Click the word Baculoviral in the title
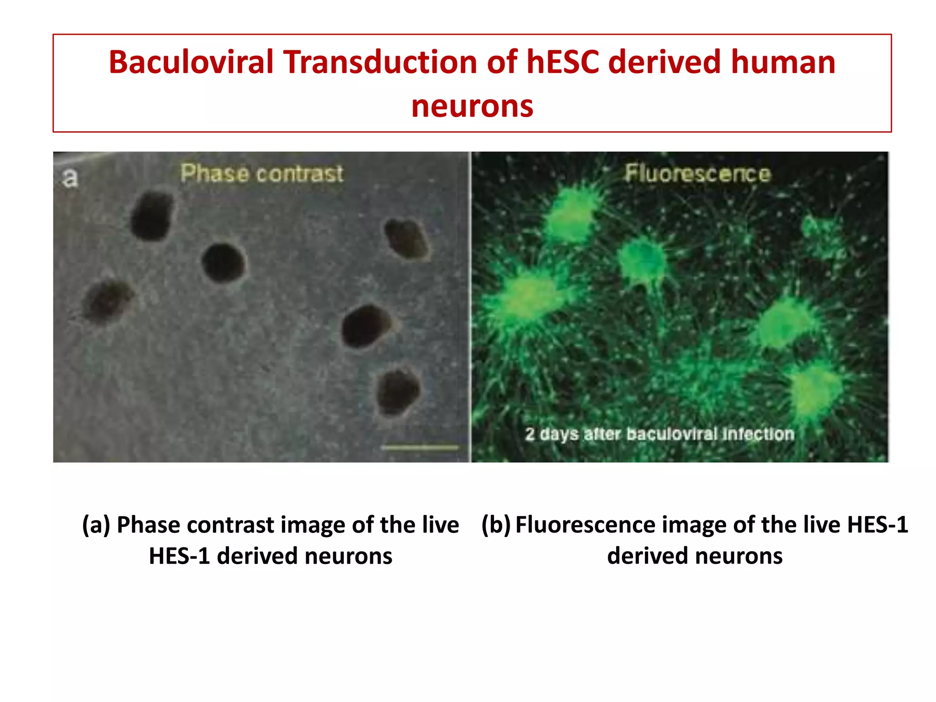click(x=191, y=62)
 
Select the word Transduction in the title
click(x=380, y=62)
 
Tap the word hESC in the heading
click(x=563, y=62)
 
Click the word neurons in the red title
click(x=472, y=106)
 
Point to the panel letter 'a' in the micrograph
click(x=70, y=178)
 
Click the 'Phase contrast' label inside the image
click(x=261, y=174)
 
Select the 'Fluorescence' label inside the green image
click(x=697, y=174)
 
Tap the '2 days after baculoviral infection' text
click(x=659, y=434)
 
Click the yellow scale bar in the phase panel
click(x=420, y=447)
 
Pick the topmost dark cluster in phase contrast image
click(x=152, y=216)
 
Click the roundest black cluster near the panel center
click(x=223, y=263)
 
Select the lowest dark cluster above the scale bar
click(x=398, y=392)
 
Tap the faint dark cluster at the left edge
click(x=107, y=302)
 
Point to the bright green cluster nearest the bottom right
click(x=816, y=386)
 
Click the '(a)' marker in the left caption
click(x=96, y=525)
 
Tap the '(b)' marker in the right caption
click(x=496, y=525)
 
